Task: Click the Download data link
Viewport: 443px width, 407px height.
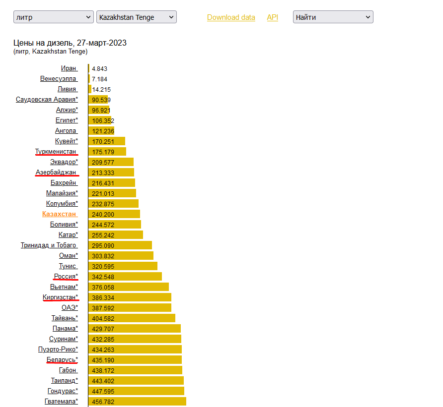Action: click(x=231, y=17)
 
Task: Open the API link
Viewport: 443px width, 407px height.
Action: click(x=273, y=17)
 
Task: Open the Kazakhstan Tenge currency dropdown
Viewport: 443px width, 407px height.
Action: click(x=137, y=17)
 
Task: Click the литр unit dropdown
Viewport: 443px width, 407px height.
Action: click(x=53, y=17)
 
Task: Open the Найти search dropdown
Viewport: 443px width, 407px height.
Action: click(x=333, y=17)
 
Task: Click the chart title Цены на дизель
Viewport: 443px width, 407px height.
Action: click(x=70, y=43)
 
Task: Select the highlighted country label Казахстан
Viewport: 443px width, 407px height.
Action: click(x=59, y=214)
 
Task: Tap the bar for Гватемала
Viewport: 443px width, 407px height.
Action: click(x=137, y=402)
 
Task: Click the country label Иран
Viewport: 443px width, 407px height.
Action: click(x=69, y=68)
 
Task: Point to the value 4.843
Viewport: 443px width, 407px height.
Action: click(x=100, y=69)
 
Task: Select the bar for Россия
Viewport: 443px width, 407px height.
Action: click(x=125, y=277)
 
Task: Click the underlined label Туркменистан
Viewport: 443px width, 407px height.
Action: click(x=56, y=152)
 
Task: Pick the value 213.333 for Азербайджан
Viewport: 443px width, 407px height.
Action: click(x=103, y=173)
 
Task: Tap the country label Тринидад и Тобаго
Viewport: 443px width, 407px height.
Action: click(x=49, y=245)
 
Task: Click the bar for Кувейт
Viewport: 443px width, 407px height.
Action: click(x=107, y=141)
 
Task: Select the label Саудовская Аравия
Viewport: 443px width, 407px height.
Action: click(x=47, y=100)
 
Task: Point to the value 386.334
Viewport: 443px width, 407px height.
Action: click(x=103, y=297)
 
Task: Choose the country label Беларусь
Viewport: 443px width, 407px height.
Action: click(x=62, y=360)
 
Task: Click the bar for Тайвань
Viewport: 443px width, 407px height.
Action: click(x=132, y=318)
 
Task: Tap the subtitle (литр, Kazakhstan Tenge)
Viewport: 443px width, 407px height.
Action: click(x=51, y=52)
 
